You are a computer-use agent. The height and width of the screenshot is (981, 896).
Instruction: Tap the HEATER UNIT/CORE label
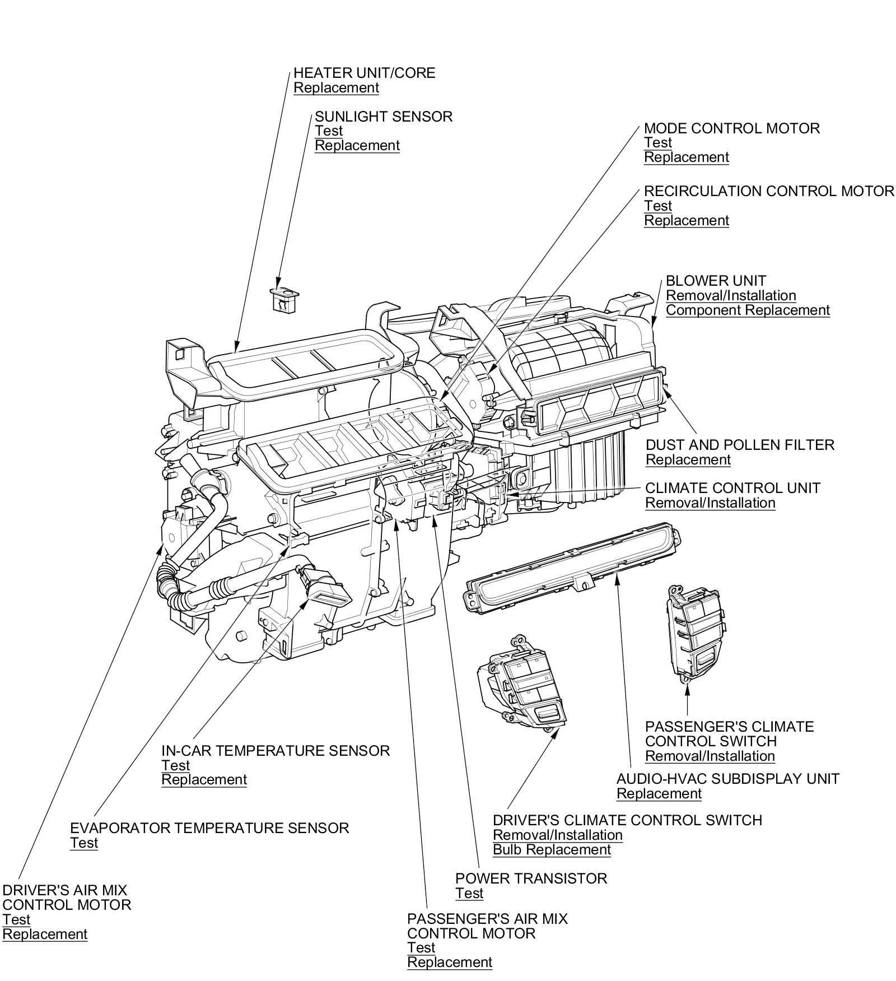(364, 73)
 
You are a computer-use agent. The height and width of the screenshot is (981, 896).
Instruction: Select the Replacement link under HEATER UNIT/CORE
(336, 88)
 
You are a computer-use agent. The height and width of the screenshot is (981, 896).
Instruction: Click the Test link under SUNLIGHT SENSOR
(329, 131)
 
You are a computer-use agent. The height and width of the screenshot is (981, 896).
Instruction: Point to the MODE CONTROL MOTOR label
(731, 128)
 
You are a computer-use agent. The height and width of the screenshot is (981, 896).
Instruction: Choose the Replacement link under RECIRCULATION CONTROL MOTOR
(687, 221)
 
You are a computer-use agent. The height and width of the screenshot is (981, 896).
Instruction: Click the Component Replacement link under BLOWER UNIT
(748, 310)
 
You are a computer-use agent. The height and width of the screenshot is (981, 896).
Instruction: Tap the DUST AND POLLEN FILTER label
(740, 445)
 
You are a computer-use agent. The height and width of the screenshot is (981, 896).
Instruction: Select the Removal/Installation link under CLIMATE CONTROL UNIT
(710, 503)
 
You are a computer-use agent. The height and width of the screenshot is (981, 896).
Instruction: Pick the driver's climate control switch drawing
(521, 682)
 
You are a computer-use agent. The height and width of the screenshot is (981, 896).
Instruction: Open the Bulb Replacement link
(552, 850)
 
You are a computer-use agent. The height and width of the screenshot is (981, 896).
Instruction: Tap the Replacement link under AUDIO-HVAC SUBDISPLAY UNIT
(659, 794)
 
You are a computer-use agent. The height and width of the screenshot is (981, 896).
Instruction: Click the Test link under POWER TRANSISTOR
(469, 894)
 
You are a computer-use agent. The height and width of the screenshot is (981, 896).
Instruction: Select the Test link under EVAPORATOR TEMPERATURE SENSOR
(84, 843)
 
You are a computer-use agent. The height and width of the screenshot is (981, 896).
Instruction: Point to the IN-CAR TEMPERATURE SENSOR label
(276, 751)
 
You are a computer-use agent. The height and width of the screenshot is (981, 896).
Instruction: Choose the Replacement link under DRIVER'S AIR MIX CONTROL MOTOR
(45, 934)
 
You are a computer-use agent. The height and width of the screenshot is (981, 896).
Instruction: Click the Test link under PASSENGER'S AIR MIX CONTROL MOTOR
(421, 948)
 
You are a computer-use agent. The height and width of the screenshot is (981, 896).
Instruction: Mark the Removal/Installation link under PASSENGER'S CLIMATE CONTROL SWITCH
(710, 756)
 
